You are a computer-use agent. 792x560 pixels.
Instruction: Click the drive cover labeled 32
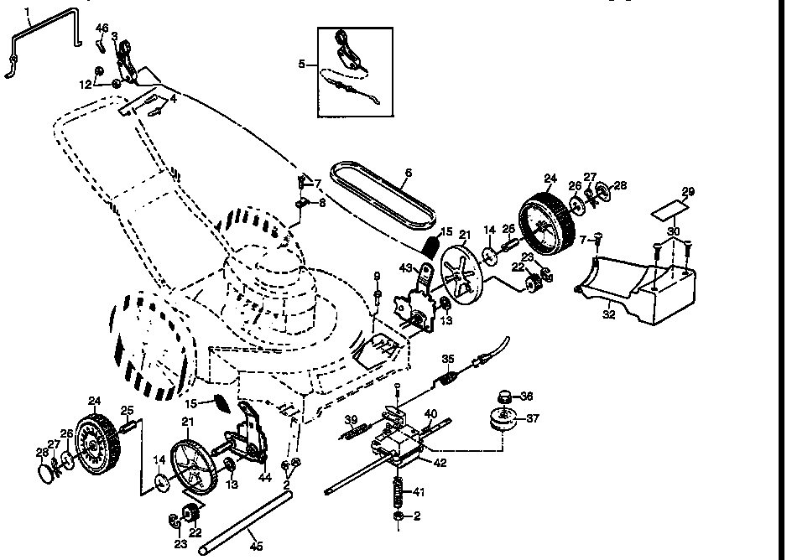click(638, 289)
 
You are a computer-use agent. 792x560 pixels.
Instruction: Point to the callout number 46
click(102, 29)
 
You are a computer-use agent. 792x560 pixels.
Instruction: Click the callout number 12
click(86, 85)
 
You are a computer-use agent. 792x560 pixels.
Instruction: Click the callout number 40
click(430, 413)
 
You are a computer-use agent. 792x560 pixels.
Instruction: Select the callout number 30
click(674, 231)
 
